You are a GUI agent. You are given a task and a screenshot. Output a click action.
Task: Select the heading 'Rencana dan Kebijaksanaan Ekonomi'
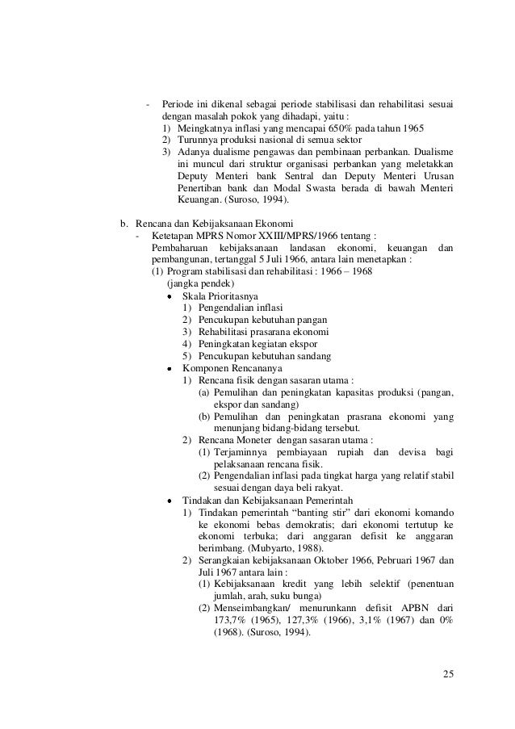tap(214, 223)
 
